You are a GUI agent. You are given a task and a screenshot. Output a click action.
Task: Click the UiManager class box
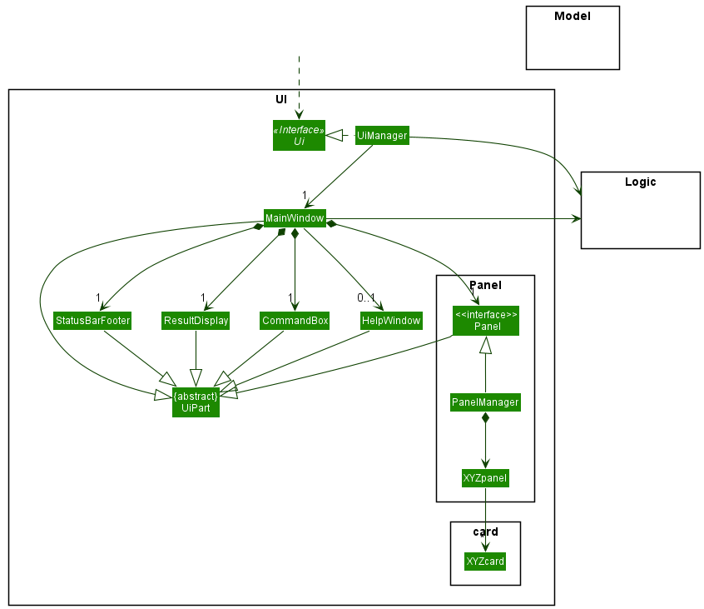tap(382, 135)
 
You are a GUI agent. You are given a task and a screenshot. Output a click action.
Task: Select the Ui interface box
tap(299, 135)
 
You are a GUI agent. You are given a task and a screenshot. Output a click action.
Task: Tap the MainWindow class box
tap(295, 218)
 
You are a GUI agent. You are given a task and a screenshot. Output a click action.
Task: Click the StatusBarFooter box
tap(92, 321)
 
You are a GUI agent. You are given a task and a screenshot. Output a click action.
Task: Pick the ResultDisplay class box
tap(196, 321)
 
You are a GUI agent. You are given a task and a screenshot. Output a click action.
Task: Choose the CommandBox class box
tap(295, 321)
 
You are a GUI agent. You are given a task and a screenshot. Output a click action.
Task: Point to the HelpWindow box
tap(391, 321)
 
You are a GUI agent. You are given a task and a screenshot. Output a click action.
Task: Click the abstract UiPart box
tap(196, 402)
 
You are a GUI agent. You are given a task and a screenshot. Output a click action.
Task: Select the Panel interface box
tap(486, 321)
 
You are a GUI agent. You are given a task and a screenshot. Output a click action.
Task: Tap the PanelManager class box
tap(485, 402)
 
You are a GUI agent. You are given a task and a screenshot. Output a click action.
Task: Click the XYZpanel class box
tap(485, 478)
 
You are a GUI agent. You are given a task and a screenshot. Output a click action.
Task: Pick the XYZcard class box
tap(485, 562)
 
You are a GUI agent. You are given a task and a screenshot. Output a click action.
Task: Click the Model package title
tap(572, 16)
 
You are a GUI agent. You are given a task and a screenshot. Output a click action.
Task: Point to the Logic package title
tap(640, 182)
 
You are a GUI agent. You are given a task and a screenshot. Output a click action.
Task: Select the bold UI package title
tap(281, 99)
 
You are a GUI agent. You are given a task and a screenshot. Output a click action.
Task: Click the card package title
tap(485, 532)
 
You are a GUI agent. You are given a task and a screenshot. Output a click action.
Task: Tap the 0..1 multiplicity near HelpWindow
tap(367, 297)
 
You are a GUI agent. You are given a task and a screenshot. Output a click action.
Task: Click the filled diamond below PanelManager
tap(485, 418)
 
